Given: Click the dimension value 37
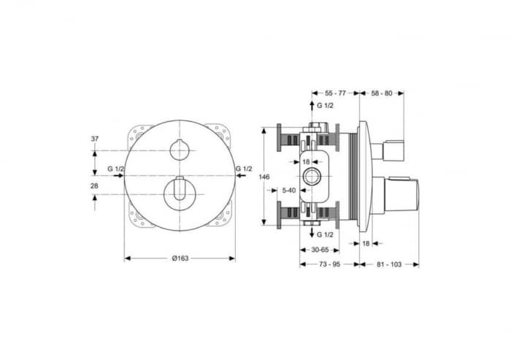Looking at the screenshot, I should tap(95, 139).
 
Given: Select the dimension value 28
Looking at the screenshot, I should tap(95, 187).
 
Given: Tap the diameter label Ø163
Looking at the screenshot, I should tap(180, 265).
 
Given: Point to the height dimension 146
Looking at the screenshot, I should tap(266, 177).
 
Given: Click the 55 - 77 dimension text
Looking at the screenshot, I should tap(335, 93).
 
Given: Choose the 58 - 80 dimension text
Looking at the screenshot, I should tap(382, 93).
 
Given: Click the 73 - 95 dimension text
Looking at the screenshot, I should tap(329, 265).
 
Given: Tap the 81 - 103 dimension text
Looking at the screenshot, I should tap(389, 265).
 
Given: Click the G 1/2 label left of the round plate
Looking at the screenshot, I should tap(115, 169).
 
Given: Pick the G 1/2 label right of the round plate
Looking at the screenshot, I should tap(245, 169).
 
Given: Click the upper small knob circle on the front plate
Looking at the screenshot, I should tap(179, 150).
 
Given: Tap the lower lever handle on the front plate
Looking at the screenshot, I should tap(179, 192).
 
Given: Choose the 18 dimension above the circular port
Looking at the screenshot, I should tap(307, 161).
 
